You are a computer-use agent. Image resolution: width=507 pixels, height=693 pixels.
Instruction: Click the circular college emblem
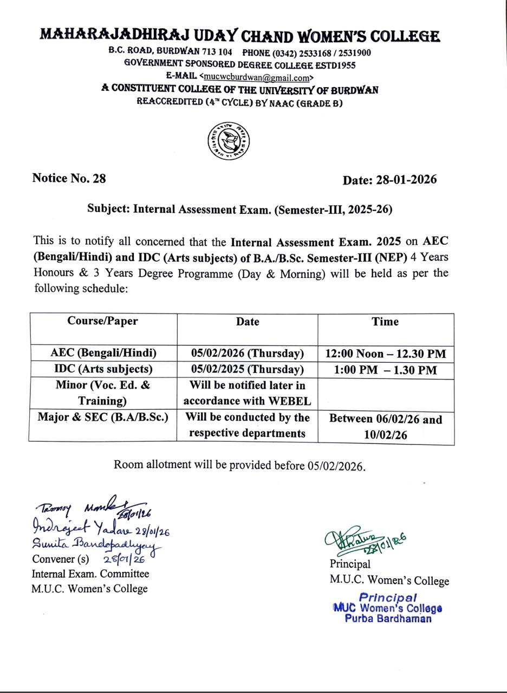pyautogui.click(x=229, y=140)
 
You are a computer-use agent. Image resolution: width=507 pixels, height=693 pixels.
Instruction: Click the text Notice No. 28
pyautogui.click(x=69, y=178)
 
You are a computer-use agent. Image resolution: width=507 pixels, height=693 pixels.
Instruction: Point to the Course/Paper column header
pyautogui.click(x=102, y=321)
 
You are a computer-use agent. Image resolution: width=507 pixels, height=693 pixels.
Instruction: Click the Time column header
pyautogui.click(x=385, y=322)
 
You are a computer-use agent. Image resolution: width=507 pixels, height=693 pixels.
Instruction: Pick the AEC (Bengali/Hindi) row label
pyautogui.click(x=103, y=353)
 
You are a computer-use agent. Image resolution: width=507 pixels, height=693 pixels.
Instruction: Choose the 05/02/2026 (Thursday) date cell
pyautogui.click(x=248, y=354)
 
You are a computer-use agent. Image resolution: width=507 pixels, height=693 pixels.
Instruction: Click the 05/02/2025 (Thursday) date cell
pyautogui.click(x=248, y=369)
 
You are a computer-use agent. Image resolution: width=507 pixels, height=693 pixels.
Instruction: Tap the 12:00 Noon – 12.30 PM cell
pyautogui.click(x=386, y=354)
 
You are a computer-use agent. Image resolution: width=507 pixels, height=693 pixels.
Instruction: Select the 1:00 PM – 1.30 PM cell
pyautogui.click(x=385, y=370)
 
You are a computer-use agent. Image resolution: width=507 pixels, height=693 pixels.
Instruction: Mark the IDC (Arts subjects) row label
pyautogui.click(x=103, y=369)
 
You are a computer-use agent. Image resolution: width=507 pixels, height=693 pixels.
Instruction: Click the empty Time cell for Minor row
pyautogui.click(x=386, y=394)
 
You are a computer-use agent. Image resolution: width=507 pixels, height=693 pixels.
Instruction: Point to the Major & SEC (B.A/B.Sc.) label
pyautogui.click(x=103, y=417)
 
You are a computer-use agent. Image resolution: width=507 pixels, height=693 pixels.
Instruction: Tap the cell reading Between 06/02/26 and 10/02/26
pyautogui.click(x=386, y=427)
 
